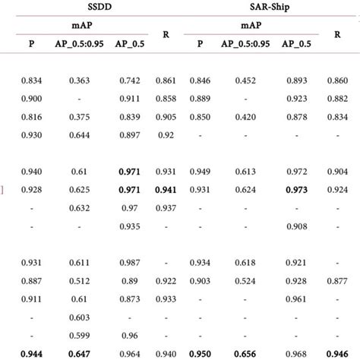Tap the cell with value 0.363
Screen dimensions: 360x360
coord(80,80)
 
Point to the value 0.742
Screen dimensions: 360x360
coord(128,80)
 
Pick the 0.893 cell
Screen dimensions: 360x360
coord(296,80)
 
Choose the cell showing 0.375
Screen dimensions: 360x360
coord(80,116)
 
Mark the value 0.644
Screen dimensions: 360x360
coord(80,134)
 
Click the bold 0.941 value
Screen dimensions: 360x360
coord(166,190)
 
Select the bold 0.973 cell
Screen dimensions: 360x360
coord(296,190)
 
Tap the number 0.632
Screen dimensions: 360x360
coord(80,207)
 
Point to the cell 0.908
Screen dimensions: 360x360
coord(296,226)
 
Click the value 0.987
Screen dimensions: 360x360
coord(128,262)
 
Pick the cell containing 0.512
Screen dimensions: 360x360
coord(80,280)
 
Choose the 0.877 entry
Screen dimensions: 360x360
coord(337,280)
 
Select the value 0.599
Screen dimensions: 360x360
coord(80,335)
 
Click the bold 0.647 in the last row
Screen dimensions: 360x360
coord(80,353)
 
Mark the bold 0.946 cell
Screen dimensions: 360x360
coord(337,353)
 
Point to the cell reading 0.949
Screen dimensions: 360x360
coord(200,172)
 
